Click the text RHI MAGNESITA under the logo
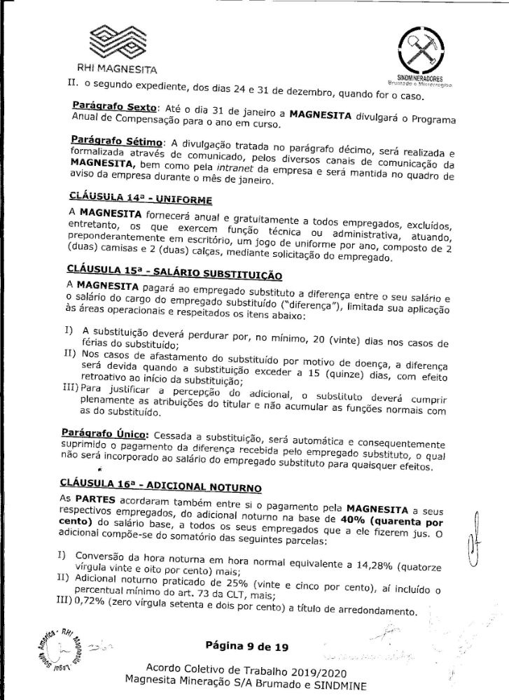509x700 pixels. tap(116, 69)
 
